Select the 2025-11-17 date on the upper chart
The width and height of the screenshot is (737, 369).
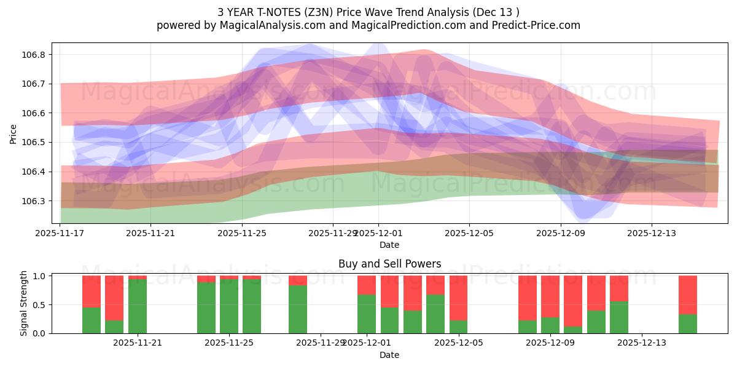(60, 233)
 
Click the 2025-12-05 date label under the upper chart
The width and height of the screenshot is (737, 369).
(469, 233)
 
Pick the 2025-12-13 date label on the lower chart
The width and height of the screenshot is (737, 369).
(642, 343)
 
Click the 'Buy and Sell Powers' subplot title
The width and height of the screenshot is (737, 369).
(389, 264)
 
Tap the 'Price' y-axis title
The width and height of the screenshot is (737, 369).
(14, 133)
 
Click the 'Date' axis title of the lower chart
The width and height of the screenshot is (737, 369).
(389, 355)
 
